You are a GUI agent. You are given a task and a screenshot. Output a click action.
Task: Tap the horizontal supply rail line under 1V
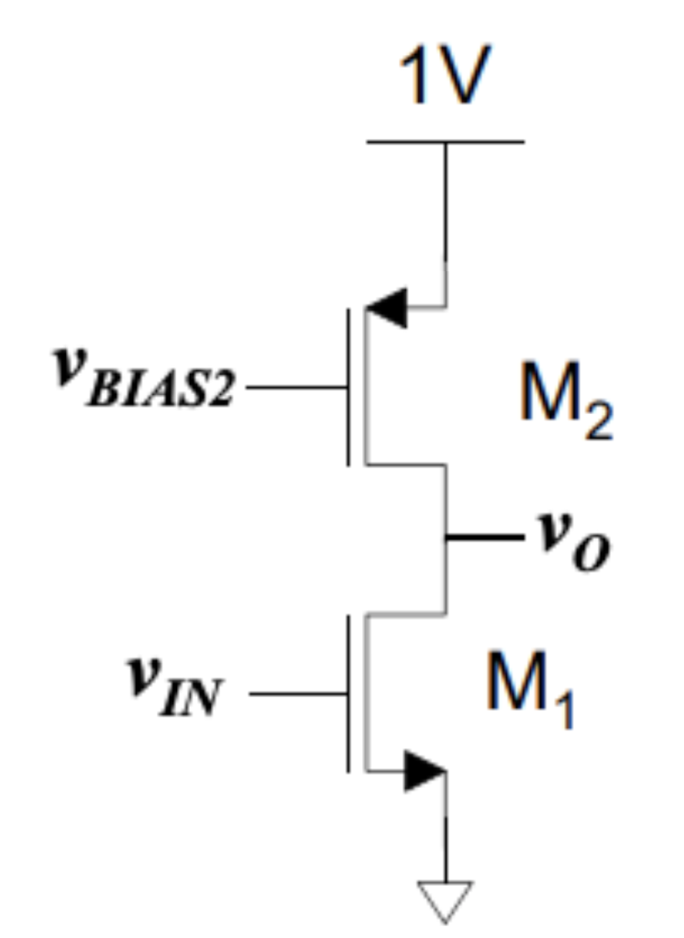(x=446, y=142)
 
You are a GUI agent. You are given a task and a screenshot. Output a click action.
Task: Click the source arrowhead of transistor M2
(x=386, y=308)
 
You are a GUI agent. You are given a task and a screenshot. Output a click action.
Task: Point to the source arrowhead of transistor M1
(x=424, y=771)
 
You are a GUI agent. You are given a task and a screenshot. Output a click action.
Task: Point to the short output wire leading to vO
(x=481, y=536)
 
